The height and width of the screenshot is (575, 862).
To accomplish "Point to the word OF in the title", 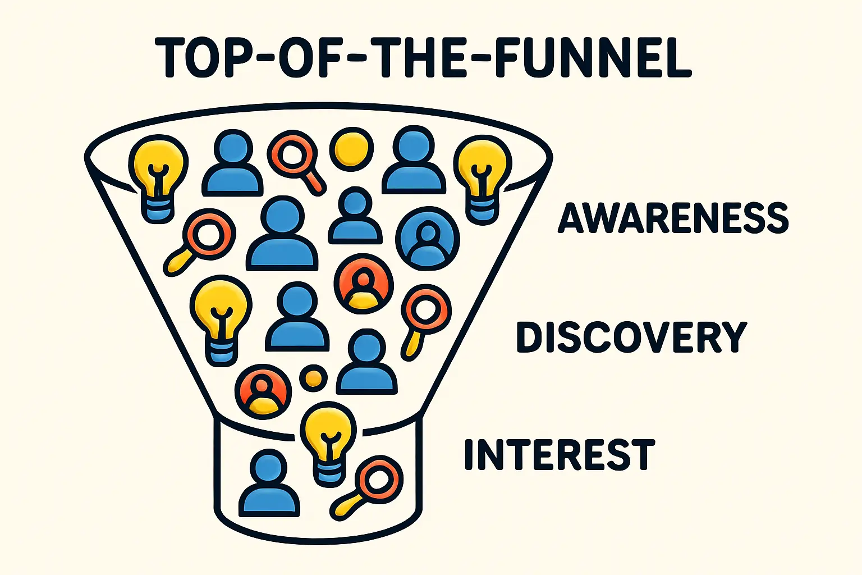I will coord(301,58).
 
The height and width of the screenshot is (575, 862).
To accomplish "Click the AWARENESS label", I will coord(673,218).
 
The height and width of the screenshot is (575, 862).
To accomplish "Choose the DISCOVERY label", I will coord(631,337).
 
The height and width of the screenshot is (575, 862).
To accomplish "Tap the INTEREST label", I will coord(559,455).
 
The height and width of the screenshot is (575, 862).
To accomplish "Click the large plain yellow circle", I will coord(351,149).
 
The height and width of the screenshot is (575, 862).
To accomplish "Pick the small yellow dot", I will coord(313,378).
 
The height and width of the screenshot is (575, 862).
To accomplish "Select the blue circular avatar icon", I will coord(427,238).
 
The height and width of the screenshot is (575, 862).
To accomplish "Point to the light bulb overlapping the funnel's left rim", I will coord(157,175).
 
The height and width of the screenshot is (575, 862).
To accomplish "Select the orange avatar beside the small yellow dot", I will coord(263,391).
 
